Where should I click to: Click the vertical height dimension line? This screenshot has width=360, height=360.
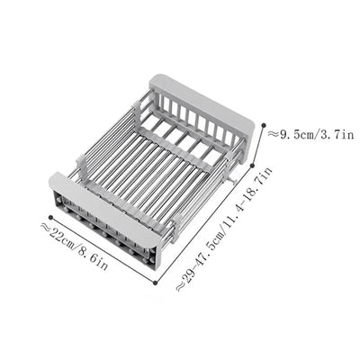pos(263,151)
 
